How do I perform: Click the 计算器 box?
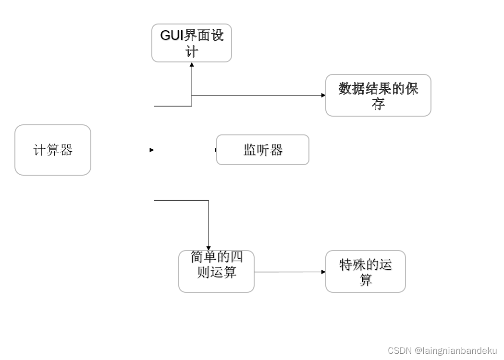tap(53, 150)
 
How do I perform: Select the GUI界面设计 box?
tap(192, 43)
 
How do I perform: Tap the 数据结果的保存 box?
tap(378, 95)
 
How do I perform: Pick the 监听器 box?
tap(262, 150)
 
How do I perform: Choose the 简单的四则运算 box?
tap(216, 271)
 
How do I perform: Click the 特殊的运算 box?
tap(365, 271)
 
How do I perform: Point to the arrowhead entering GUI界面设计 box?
tap(192, 65)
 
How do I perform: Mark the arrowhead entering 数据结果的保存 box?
tap(323, 95)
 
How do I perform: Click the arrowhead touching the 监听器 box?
tap(216, 150)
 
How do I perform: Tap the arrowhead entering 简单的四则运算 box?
tap(209, 248)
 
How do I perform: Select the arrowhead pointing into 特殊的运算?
tap(323, 272)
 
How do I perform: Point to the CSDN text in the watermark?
tap(399, 351)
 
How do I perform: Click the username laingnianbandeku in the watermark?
tap(456, 351)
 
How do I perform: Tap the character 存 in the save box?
tap(378, 104)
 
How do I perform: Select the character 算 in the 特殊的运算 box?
tap(366, 280)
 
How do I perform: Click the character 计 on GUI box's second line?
tap(192, 51)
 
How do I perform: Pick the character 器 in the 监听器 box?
tap(276, 150)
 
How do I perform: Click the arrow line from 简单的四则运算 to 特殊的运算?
tap(288, 272)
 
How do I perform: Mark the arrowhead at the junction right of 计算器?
tap(152, 150)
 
